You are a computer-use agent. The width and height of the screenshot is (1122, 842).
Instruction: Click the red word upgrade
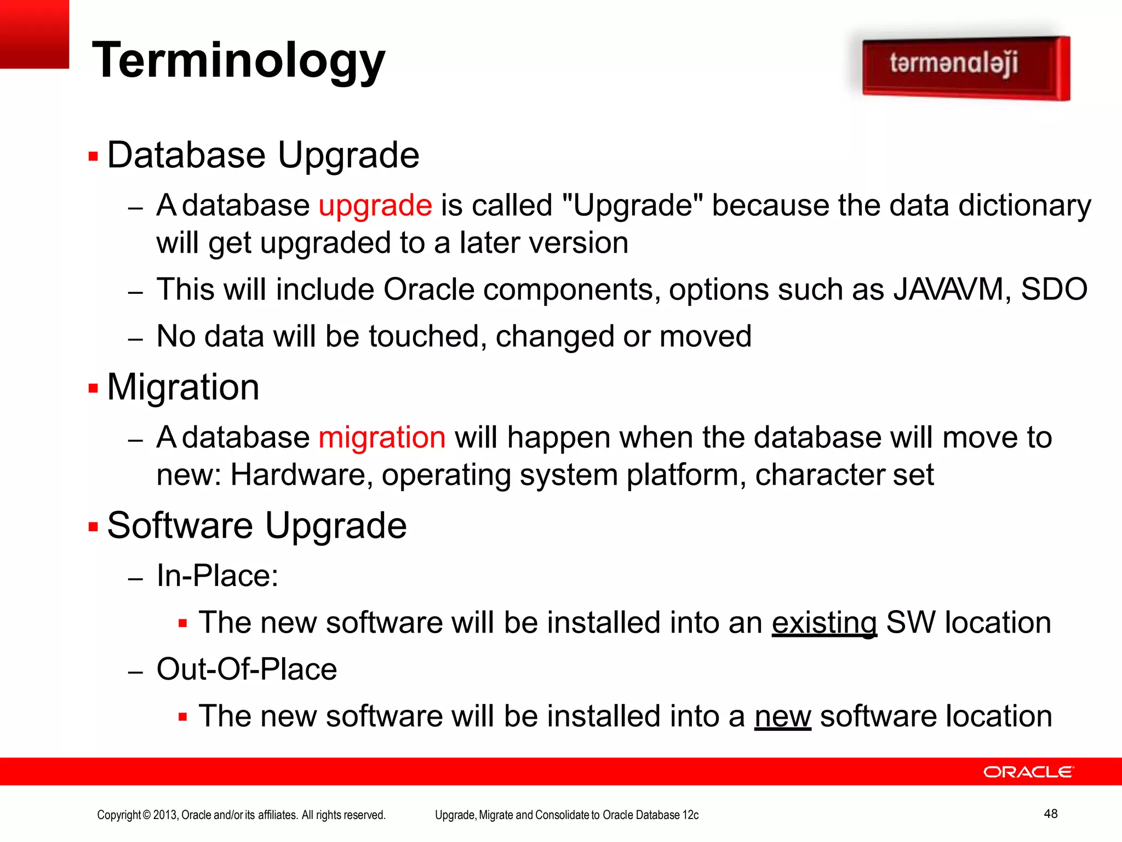coord(375,206)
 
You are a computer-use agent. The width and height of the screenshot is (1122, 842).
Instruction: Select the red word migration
coord(382,437)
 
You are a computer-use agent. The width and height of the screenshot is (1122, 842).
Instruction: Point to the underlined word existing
coord(824,623)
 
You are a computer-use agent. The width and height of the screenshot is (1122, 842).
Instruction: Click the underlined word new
coord(782,716)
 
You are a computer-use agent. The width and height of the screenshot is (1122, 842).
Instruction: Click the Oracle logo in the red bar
coord(1028,772)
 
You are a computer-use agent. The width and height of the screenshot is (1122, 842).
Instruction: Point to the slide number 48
coord(1050,813)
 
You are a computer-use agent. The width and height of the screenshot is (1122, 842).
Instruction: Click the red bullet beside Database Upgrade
coord(93,157)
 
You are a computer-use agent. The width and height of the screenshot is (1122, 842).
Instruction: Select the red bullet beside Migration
coord(93,389)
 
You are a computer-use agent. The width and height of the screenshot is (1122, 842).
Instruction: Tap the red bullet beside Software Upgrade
coord(93,527)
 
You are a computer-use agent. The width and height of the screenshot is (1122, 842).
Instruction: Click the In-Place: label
coord(217,576)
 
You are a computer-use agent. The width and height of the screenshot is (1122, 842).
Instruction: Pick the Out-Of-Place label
coord(247,669)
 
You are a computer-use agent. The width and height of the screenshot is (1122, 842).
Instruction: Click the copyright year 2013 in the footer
coord(165,815)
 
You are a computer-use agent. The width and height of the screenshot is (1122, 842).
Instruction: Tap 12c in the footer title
coord(690,815)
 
